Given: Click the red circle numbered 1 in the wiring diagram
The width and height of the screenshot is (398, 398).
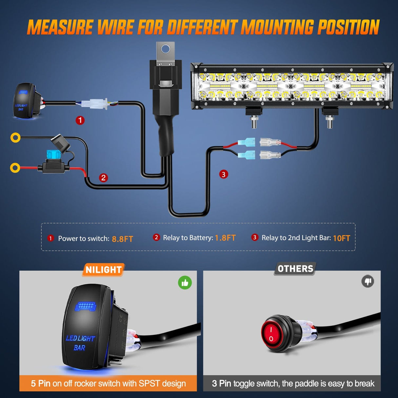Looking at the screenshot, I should (80, 120).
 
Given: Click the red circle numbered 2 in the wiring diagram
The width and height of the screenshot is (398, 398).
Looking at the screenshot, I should (104, 178).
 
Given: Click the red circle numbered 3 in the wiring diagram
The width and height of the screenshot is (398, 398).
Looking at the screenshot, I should (224, 174).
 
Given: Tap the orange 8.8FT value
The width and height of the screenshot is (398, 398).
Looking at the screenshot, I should (122, 239).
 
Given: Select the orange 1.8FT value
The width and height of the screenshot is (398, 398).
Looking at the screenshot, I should (225, 238).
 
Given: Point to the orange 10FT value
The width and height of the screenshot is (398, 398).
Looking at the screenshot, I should (341, 238).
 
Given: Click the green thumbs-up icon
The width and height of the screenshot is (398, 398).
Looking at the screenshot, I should (185, 283).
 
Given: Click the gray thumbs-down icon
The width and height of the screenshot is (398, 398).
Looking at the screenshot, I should (368, 281).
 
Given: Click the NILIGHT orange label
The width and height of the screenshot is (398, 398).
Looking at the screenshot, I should (104, 270).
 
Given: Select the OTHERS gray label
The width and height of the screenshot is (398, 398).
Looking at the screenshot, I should (295, 269).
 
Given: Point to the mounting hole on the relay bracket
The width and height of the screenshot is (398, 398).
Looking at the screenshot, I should (166, 50).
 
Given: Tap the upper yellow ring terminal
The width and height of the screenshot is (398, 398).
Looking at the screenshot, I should (15, 137).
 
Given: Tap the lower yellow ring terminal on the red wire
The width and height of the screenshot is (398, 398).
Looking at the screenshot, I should (15, 168).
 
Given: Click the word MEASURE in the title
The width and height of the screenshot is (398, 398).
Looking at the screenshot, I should (60, 27).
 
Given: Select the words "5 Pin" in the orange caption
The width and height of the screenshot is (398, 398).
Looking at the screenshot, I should (41, 383).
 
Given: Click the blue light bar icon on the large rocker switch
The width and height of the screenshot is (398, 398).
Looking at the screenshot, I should (86, 306).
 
